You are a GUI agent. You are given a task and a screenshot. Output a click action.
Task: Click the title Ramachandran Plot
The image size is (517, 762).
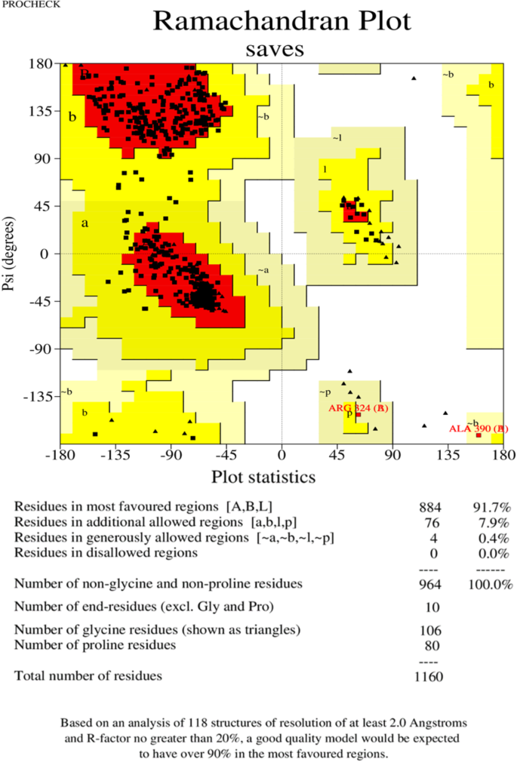(282, 21)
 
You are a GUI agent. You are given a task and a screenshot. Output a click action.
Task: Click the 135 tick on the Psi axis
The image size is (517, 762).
(35, 111)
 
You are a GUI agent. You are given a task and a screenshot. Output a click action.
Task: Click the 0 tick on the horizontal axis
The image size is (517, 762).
(282, 455)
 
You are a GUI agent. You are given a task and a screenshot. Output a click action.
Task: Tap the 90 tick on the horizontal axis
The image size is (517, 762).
(392, 455)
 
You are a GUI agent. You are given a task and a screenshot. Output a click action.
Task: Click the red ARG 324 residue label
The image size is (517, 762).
(358, 408)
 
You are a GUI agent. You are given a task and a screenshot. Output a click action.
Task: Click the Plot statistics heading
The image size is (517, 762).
(263, 477)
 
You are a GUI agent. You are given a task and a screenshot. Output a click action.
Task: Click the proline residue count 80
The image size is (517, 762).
(431, 645)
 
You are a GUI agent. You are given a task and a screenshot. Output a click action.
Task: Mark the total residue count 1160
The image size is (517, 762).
(428, 676)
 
